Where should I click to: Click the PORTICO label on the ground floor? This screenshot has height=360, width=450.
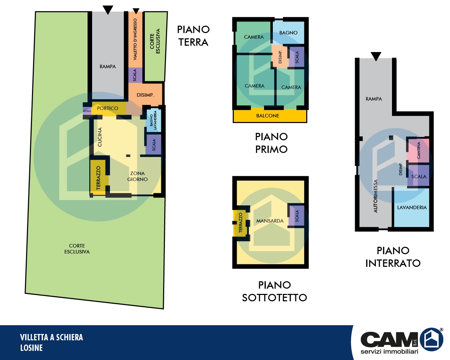pos(108,108)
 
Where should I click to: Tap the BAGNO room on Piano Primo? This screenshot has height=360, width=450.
pos(288,32)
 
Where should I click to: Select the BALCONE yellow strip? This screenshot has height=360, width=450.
pos(270,116)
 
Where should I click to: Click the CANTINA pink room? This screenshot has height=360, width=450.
pos(418,150)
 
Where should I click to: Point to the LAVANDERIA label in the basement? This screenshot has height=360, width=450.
pos(412,207)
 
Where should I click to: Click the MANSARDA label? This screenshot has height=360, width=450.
pos(270,221)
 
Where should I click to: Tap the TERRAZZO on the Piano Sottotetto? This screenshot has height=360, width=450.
pos(240,223)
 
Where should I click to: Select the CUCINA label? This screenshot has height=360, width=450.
pos(100,137)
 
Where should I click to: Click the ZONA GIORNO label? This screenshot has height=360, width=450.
pos(137,176)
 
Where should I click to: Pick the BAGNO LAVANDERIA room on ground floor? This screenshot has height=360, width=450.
pos(154,120)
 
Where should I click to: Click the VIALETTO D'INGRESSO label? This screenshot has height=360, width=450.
pos(135,39)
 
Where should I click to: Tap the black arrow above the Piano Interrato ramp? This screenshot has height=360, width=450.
pos(376,56)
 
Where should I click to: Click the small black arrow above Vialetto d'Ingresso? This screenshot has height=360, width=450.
pos(136,11)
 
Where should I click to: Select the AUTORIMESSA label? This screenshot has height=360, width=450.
pos(375,196)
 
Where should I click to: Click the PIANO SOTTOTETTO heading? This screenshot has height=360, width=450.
pos(274,291)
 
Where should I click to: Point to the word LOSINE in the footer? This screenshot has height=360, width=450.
pos(31,348)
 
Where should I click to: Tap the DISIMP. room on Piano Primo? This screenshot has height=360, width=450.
pos(280,57)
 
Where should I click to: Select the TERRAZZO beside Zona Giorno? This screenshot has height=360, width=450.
pos(98,178)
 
